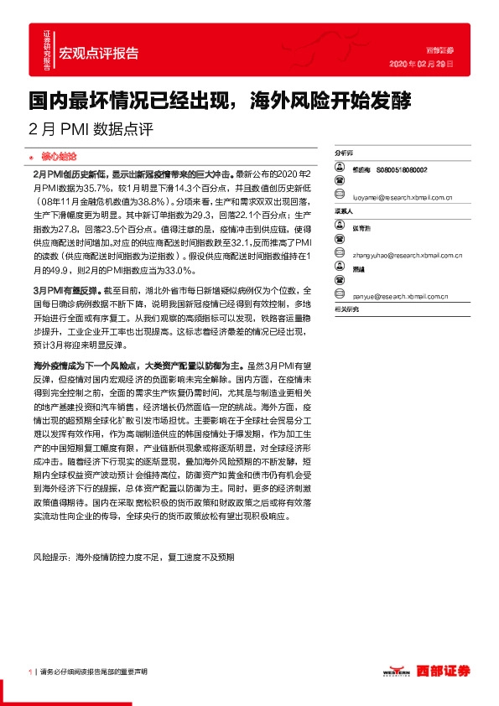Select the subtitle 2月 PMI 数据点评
click(x=91, y=130)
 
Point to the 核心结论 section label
click(x=58, y=156)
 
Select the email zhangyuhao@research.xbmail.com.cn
click(x=403, y=251)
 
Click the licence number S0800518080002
click(x=402, y=169)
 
